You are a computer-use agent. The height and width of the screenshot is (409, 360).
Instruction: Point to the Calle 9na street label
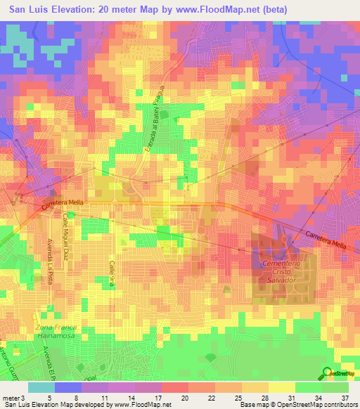coord(111,273)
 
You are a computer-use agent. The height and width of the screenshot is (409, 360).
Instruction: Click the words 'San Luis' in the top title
coord(25,9)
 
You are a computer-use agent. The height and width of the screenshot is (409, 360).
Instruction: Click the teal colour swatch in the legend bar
coord(41,387)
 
